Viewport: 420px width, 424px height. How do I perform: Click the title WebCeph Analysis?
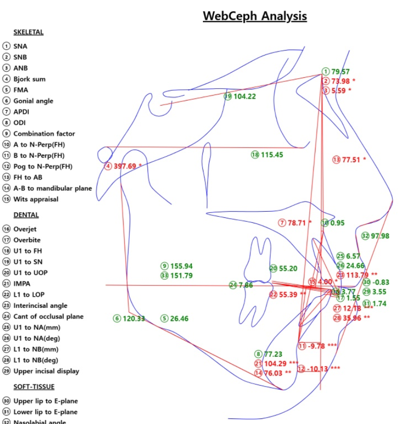point(254,16)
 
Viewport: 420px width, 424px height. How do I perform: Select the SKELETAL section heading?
point(28,32)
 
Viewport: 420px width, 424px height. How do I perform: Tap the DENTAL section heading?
point(26,215)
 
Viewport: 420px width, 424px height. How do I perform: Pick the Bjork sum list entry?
point(29,79)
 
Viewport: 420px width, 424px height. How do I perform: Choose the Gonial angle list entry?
point(33,101)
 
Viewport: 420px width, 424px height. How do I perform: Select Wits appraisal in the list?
point(35,199)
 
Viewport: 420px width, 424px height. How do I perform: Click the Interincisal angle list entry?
point(40,305)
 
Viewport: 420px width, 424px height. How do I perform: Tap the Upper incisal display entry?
point(46,371)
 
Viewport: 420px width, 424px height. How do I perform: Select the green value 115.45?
point(272,155)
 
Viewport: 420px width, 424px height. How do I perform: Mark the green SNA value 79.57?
point(340,72)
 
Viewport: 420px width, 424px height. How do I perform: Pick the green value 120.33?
point(133,318)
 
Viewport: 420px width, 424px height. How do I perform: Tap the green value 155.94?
point(181,266)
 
